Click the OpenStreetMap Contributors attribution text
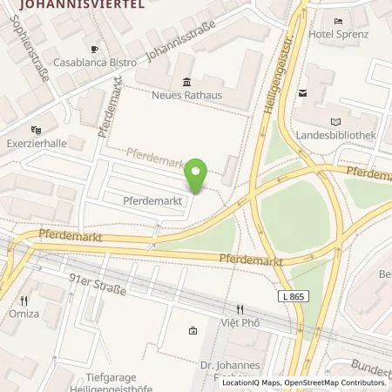tap(334, 382)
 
